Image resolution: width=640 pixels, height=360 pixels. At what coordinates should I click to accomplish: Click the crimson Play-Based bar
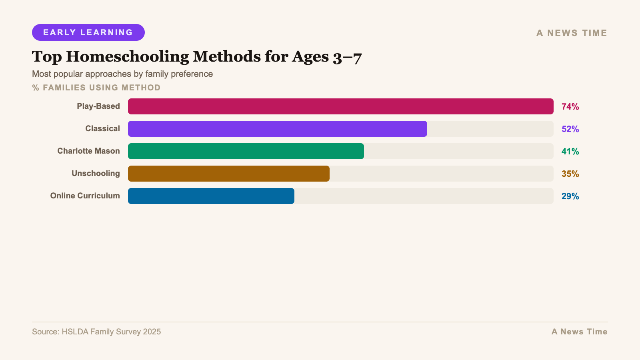click(340, 106)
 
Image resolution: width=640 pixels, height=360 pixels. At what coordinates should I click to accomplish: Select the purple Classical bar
click(277, 129)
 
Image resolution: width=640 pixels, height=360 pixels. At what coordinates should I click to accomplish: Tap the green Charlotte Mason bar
click(246, 151)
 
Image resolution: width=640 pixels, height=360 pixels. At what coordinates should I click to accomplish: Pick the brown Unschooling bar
click(228, 174)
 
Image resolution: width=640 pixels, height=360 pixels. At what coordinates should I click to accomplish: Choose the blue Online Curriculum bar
click(211, 196)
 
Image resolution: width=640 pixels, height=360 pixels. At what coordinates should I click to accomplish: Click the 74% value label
click(570, 106)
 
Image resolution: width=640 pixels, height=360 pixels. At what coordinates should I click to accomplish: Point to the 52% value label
click(570, 129)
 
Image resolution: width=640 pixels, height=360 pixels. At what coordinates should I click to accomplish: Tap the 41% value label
click(570, 151)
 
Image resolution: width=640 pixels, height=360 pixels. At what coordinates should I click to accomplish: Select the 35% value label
click(570, 174)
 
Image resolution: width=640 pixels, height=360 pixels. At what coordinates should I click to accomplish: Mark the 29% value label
click(570, 196)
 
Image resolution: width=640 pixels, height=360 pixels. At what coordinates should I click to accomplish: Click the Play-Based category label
click(98, 106)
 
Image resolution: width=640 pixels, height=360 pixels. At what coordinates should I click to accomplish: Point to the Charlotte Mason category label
click(88, 151)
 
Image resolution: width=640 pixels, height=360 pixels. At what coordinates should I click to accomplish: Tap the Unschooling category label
click(96, 173)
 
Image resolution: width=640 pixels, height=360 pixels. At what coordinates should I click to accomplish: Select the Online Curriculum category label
click(85, 196)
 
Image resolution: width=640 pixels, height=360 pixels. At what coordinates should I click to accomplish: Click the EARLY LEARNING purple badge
click(88, 32)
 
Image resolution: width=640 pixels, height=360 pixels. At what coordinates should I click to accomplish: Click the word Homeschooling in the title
click(127, 57)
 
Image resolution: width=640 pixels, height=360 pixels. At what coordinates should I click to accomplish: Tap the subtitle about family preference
click(122, 74)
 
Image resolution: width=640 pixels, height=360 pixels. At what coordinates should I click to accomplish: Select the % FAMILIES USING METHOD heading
click(96, 88)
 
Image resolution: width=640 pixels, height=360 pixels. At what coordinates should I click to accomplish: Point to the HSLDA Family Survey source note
click(96, 332)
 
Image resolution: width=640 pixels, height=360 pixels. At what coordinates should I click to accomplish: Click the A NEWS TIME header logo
click(572, 33)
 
